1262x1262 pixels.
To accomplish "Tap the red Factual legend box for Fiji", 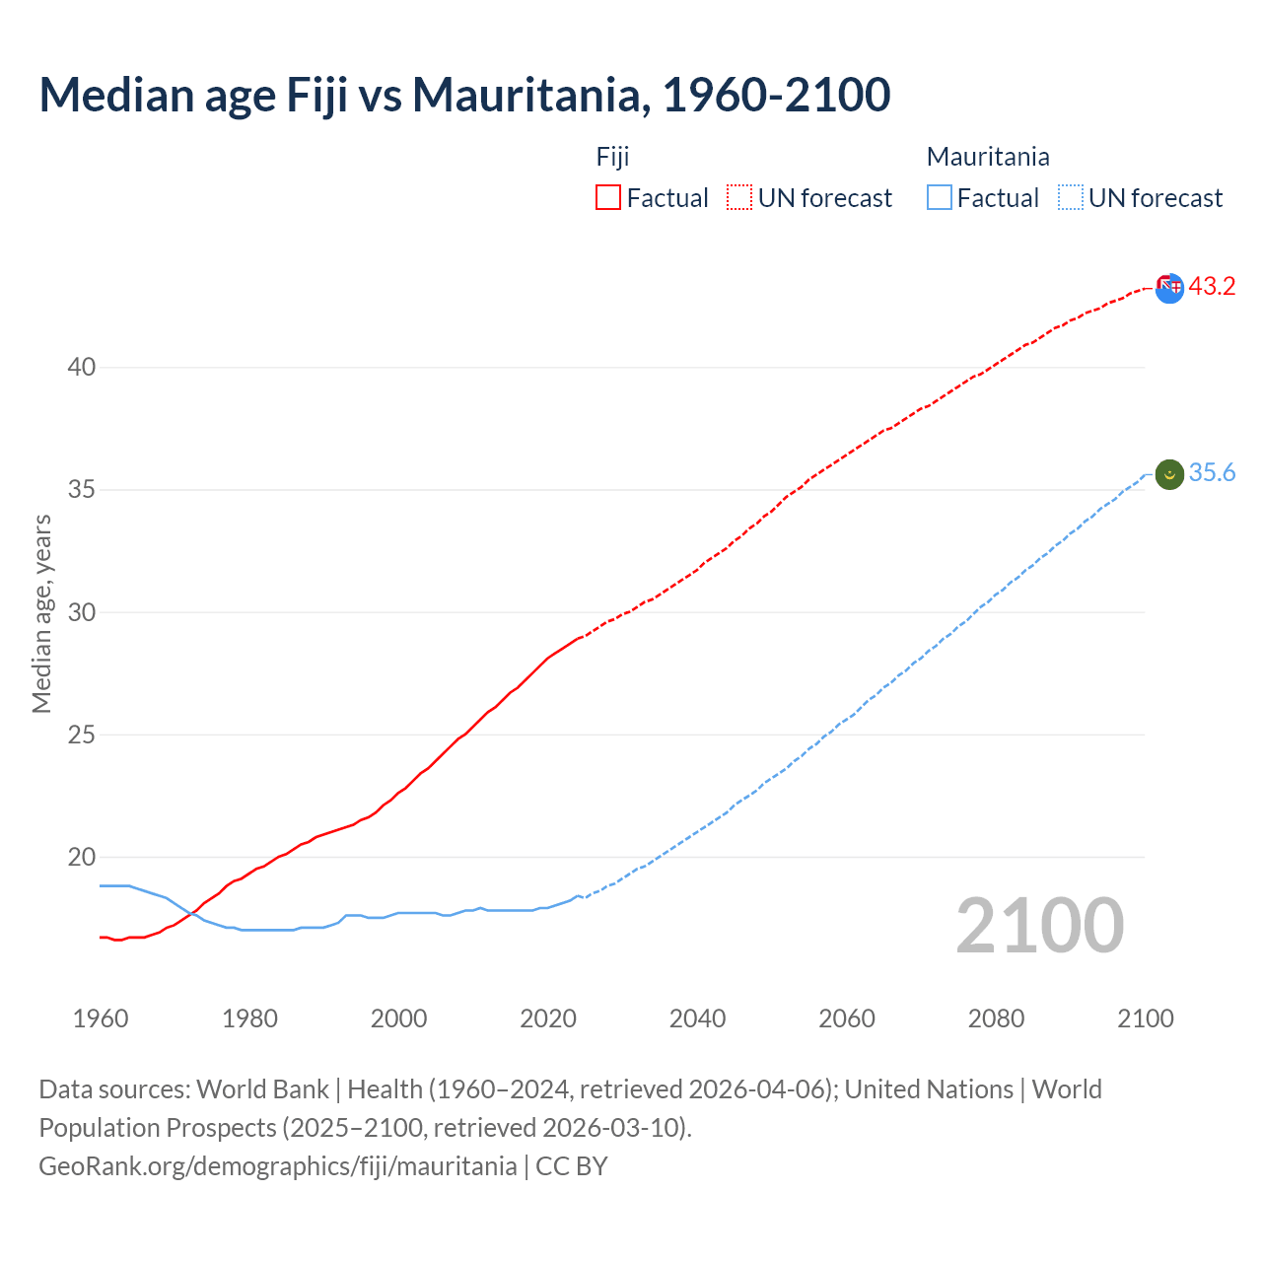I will (608, 197).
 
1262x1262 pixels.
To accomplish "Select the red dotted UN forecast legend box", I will (739, 197).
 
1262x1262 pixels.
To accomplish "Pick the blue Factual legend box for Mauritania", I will (940, 197).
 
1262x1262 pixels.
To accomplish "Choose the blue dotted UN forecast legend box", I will (1070, 197).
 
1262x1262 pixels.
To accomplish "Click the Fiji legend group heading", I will (612, 157).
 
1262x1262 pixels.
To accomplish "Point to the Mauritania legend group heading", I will (988, 157).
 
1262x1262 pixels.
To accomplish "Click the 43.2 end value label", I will (1212, 286).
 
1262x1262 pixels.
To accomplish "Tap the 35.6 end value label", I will (1212, 473).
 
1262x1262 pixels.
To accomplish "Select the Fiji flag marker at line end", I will (1169, 288).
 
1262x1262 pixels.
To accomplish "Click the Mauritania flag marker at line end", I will (1169, 474).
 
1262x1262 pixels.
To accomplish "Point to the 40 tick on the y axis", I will (81, 368).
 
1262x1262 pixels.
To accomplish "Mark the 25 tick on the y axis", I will (81, 735).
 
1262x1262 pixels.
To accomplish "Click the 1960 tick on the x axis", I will (101, 1018).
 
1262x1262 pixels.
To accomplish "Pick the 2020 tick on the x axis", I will (548, 1018).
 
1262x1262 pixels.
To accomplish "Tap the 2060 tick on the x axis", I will (847, 1018).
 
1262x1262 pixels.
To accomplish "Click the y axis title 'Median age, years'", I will (41, 613).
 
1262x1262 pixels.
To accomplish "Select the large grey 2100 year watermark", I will (1039, 926).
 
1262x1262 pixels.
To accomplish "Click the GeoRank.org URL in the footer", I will (277, 1165).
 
